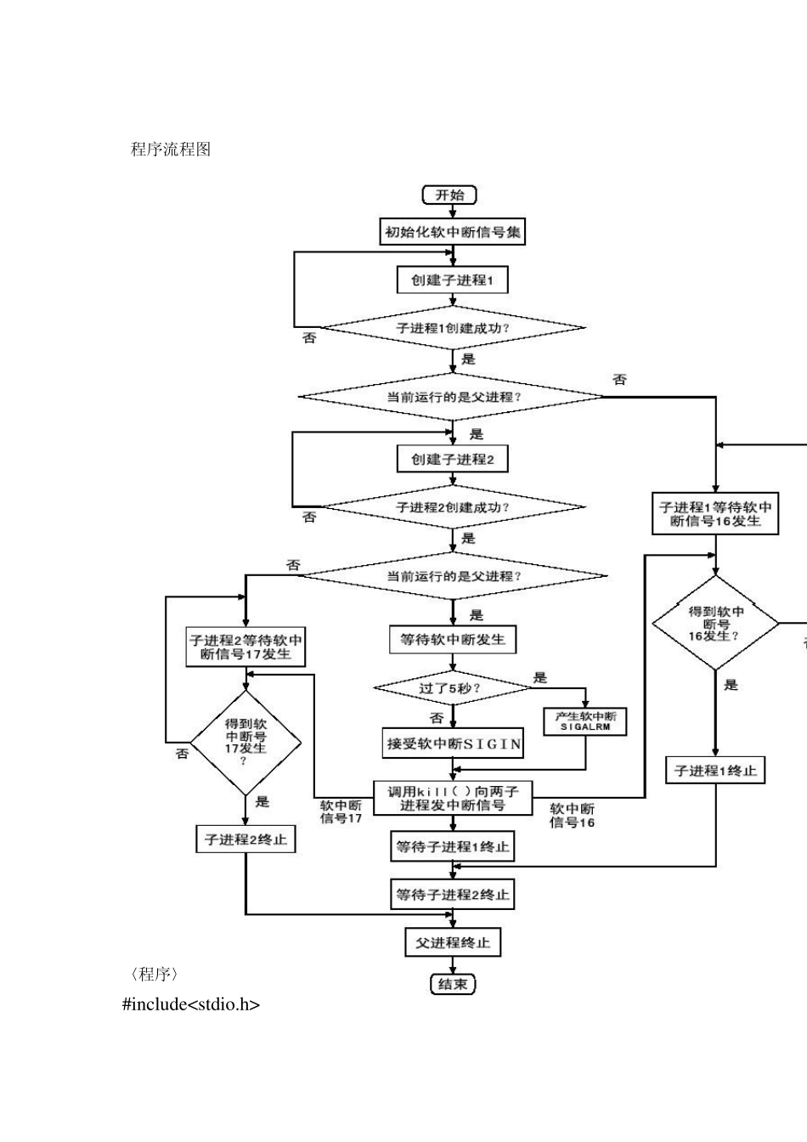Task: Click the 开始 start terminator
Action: (449, 195)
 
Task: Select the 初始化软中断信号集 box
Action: (452, 231)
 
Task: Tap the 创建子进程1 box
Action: (452, 280)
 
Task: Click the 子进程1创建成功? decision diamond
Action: (453, 328)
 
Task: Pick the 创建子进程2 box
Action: (452, 460)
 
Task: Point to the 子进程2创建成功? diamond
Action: (453, 507)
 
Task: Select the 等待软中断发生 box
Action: (452, 639)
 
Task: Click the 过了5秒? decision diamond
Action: (452, 687)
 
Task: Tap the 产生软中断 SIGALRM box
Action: (585, 721)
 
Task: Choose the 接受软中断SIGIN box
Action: (453, 743)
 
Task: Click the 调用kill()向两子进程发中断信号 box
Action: (452, 798)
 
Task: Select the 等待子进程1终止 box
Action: (452, 846)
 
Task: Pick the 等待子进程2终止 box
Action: (452, 895)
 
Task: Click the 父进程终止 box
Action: (452, 942)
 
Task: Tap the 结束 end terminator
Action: (452, 985)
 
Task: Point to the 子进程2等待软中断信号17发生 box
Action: (245, 647)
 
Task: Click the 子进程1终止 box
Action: (715, 771)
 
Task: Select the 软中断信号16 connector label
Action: (572, 816)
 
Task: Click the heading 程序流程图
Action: (171, 150)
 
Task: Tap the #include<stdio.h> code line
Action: (191, 1004)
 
